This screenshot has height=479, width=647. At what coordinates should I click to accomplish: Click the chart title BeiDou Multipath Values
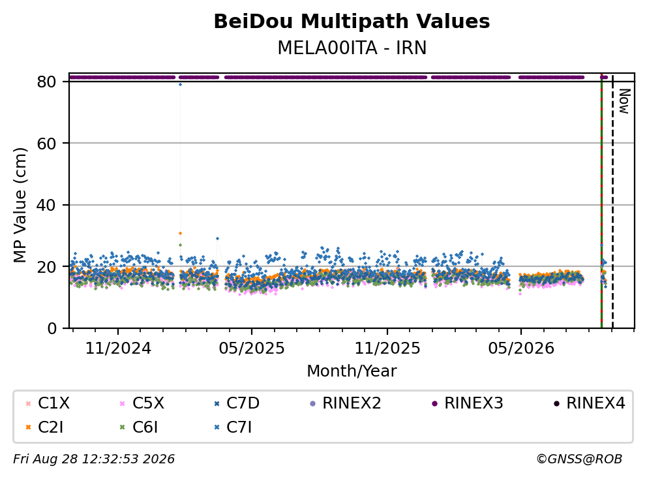pyautogui.click(x=352, y=22)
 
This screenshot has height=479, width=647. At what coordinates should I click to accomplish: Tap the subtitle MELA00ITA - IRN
pyautogui.click(x=352, y=48)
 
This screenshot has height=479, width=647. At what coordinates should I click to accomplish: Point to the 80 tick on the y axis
pyautogui.click(x=46, y=82)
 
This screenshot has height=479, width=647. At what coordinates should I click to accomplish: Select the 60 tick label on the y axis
pyautogui.click(x=46, y=144)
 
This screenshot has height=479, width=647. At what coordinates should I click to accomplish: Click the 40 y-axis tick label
pyautogui.click(x=46, y=205)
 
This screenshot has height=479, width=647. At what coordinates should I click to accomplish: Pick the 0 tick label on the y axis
pyautogui.click(x=52, y=328)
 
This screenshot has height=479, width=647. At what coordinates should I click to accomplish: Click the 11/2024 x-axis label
pyautogui.click(x=118, y=348)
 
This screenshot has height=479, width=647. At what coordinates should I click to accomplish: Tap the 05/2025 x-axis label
pyautogui.click(x=252, y=348)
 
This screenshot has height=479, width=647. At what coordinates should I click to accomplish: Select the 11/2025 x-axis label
pyautogui.click(x=387, y=348)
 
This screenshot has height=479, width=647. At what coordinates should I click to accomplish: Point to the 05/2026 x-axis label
pyautogui.click(x=521, y=348)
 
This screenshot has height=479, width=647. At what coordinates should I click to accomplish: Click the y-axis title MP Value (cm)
pyautogui.click(x=20, y=205)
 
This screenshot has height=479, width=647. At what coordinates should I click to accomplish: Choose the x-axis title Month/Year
pyautogui.click(x=352, y=371)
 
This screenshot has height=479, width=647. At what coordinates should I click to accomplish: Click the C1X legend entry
pyautogui.click(x=48, y=403)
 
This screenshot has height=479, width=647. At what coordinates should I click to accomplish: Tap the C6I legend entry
pyautogui.click(x=139, y=427)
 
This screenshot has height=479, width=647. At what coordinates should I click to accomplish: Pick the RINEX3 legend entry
pyautogui.click(x=468, y=403)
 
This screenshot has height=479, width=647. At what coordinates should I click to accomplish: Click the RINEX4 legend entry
pyautogui.click(x=589, y=403)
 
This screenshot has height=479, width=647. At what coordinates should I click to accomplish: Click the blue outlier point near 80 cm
pyautogui.click(x=180, y=85)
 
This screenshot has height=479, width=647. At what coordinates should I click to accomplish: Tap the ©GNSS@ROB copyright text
pyautogui.click(x=579, y=459)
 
